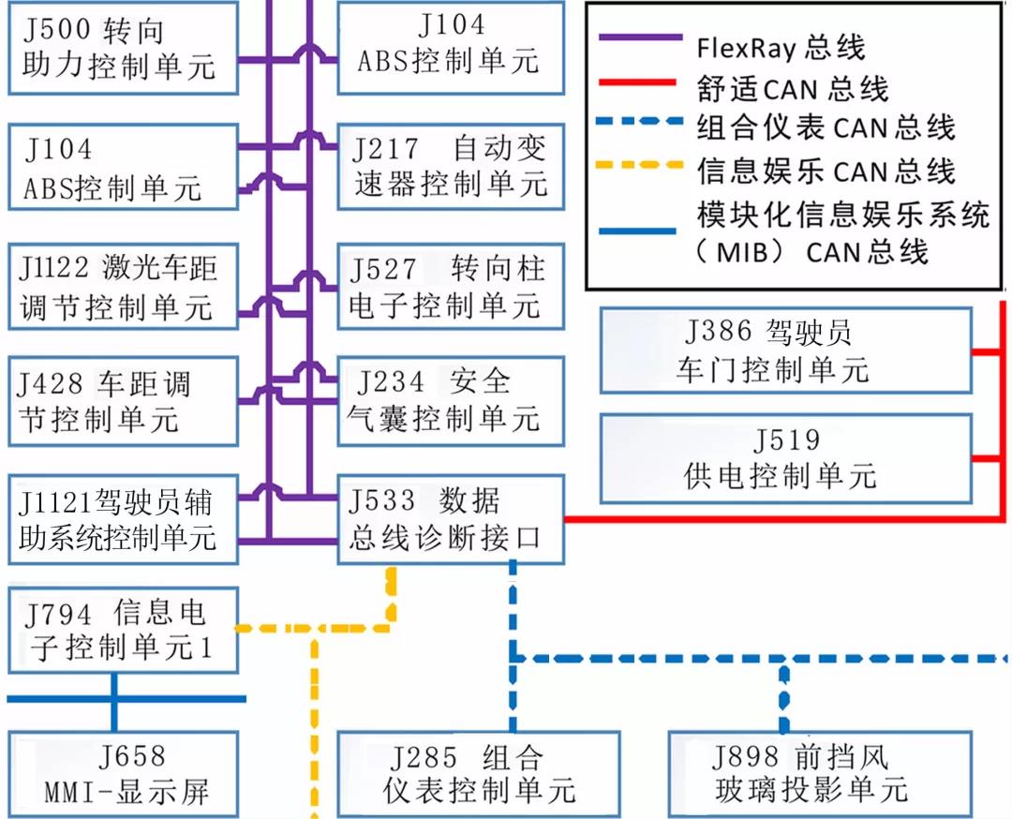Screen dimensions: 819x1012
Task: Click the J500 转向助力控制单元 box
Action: pyautogui.click(x=123, y=48)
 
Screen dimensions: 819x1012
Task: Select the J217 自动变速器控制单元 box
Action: pyautogui.click(x=450, y=166)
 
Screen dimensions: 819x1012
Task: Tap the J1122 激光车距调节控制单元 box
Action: pyautogui.click(x=123, y=286)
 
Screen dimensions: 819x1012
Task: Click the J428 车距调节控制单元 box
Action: pyautogui.click(x=123, y=400)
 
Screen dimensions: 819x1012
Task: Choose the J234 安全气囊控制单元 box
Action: pyautogui.click(x=450, y=400)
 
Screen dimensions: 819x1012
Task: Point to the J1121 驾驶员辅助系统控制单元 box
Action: pyautogui.click(x=123, y=519)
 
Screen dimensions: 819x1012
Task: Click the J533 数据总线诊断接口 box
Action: pyautogui.click(x=450, y=519)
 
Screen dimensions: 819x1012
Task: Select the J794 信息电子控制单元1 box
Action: pyautogui.click(x=123, y=630)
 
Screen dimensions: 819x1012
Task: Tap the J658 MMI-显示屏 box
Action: pyautogui.click(x=123, y=775)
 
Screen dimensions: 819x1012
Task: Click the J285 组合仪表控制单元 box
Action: pyautogui.click(x=478, y=775)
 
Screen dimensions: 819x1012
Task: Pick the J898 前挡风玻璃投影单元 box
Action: pyautogui.click(x=809, y=775)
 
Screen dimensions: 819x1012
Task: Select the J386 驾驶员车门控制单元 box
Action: pyautogui.click(x=785, y=350)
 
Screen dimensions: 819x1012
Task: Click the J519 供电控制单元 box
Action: pyautogui.click(x=785, y=458)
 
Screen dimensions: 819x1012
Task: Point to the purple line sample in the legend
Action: pyautogui.click(x=639, y=38)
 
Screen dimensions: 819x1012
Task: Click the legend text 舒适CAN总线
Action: pyautogui.click(x=792, y=88)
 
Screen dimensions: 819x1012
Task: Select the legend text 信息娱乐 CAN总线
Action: pyautogui.click(x=826, y=171)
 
